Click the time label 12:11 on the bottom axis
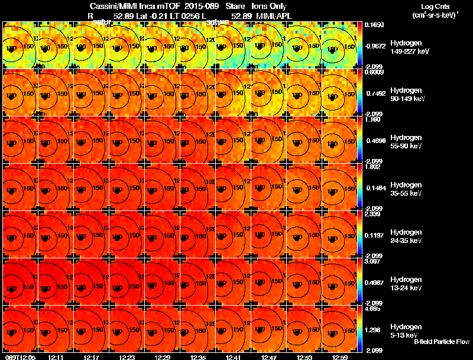point(56,357)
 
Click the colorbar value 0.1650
point(373,25)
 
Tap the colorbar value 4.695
point(373,309)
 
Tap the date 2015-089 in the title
point(195,5)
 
